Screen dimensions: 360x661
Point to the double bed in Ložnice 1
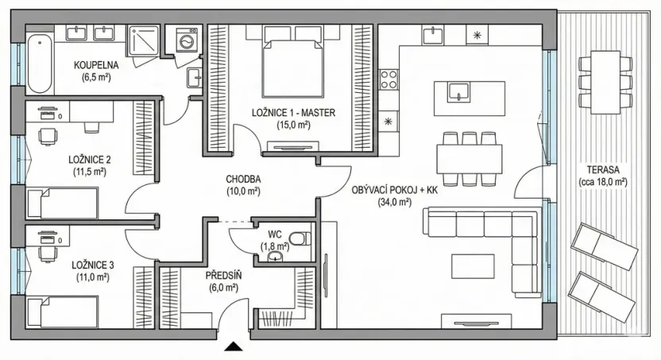click(x=295, y=64)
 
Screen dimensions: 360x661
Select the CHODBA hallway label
click(x=243, y=179)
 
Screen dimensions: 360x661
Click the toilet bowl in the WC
click(x=299, y=238)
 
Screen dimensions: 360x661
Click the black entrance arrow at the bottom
click(x=234, y=346)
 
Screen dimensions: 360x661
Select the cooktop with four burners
click(x=389, y=78)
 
